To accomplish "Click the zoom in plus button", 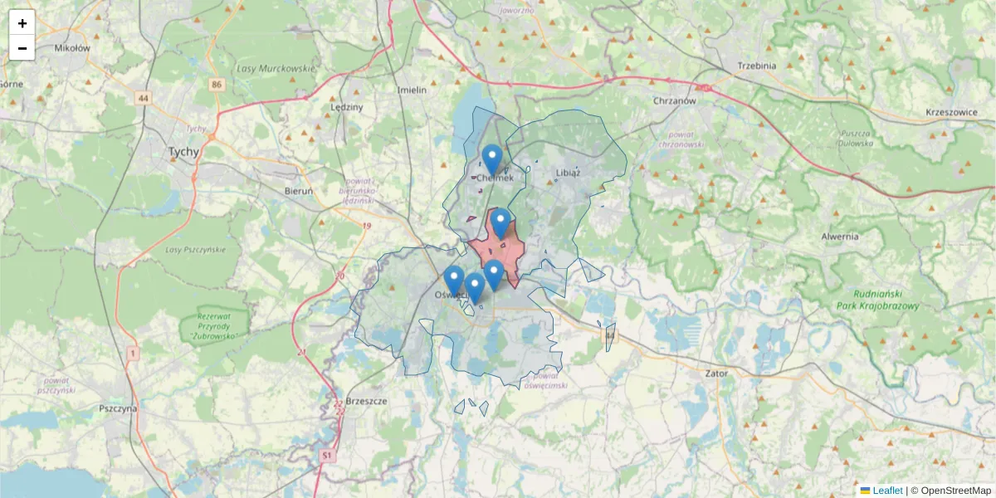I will (22, 23).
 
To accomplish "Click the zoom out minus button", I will (22, 48).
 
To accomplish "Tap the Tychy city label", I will (183, 152).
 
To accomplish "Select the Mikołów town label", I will (71, 48).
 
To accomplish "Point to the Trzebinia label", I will (756, 66).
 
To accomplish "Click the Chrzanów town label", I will (673, 100).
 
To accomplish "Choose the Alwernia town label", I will (839, 236).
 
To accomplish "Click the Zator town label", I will (715, 373).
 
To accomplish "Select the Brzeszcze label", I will (366, 399).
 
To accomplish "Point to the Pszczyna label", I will (117, 408).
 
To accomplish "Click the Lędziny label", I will (347, 107).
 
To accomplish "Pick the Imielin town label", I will (412, 90).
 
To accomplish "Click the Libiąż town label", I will (568, 173).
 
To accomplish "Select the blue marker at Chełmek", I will (492, 159).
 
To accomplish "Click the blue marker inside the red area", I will (500, 222).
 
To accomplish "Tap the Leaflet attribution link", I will (886, 491).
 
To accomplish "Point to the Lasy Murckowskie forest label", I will (276, 69).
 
